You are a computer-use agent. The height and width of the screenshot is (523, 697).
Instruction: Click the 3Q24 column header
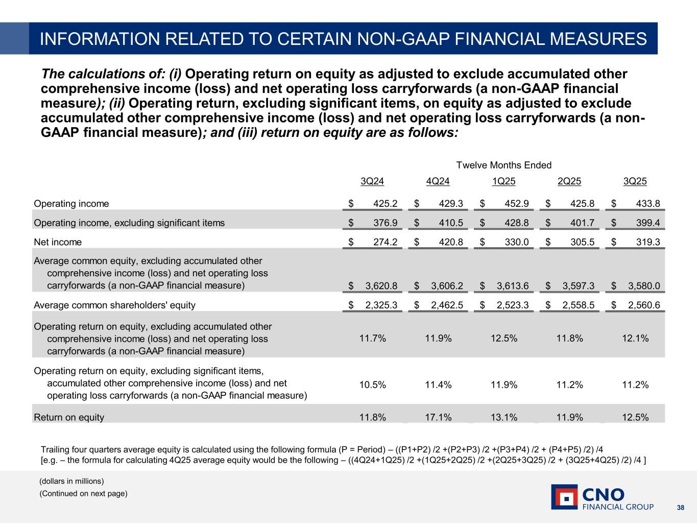coord(372,181)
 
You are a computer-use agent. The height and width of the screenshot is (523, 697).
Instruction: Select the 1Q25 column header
coord(503,181)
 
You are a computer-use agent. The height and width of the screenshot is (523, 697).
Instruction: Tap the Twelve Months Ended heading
coord(503,165)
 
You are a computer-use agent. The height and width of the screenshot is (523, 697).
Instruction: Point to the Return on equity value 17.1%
coord(438,417)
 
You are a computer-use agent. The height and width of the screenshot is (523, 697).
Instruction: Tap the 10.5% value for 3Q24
coord(372,385)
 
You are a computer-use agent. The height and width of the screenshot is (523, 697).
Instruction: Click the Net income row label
coord(58,242)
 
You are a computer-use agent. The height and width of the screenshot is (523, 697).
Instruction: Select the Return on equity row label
coord(69,417)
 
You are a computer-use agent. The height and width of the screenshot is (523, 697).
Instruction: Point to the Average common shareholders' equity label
coord(114,305)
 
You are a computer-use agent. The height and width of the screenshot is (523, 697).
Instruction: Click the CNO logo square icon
coord(564,497)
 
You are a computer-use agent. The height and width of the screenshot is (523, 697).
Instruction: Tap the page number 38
coord(680,508)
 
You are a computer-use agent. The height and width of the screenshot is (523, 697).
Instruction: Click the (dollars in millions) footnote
coord(72,481)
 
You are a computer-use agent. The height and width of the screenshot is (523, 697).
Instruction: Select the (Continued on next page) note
coord(84,493)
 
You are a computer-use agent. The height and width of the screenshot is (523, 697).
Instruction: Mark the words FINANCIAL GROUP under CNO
coord(618,507)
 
